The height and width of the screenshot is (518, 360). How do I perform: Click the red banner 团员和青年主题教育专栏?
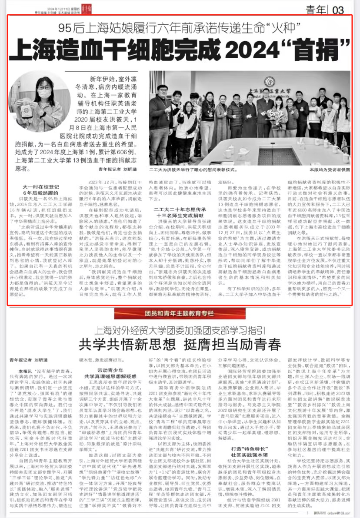click(x=180, y=313)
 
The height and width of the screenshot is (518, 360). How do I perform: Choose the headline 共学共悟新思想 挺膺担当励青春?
click(x=180, y=344)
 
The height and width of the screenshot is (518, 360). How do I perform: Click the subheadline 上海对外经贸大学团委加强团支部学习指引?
click(x=180, y=329)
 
